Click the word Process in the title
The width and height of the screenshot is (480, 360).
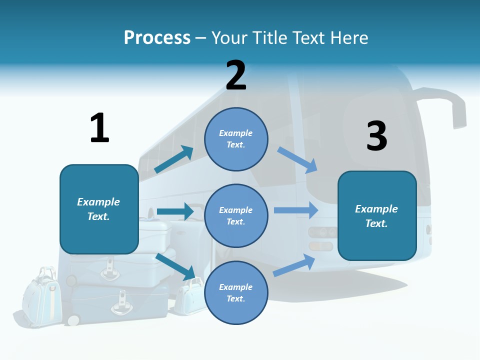[157, 38]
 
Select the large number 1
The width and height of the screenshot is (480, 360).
[99, 128]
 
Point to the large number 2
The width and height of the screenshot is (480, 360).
[236, 75]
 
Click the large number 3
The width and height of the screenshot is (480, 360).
[376, 136]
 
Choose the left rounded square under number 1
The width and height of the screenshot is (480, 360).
[99, 209]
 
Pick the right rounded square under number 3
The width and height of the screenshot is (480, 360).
[377, 216]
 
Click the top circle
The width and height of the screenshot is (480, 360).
[236, 139]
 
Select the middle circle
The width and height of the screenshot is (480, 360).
[236, 216]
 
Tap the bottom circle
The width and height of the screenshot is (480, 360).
[236, 293]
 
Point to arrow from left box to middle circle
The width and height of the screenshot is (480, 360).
[175, 211]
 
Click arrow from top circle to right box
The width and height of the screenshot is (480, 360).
[297, 160]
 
